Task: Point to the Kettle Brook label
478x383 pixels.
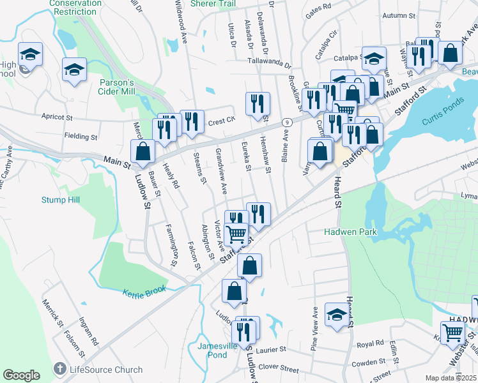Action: tap(144, 290)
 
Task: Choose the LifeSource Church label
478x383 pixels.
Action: tap(97, 370)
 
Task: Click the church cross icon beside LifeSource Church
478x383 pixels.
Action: tap(59, 369)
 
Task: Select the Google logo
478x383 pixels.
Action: tap(21, 375)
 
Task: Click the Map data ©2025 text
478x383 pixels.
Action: tap(451, 378)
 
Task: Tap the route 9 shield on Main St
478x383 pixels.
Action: tap(289, 121)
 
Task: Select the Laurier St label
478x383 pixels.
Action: tap(277, 350)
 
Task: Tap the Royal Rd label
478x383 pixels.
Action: tap(369, 344)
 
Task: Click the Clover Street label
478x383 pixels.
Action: tap(281, 369)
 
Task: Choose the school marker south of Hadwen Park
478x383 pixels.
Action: tap(337, 314)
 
